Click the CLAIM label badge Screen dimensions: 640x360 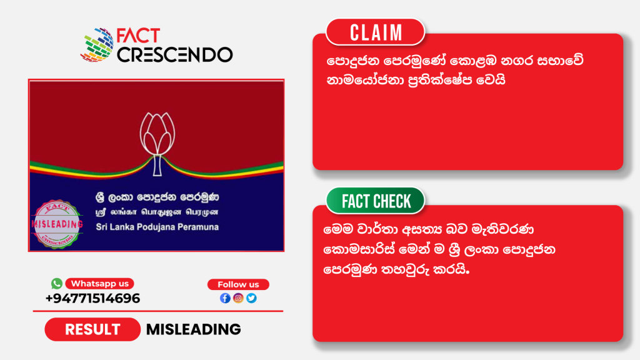[x=375, y=32]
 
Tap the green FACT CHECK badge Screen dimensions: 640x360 [x=376, y=201]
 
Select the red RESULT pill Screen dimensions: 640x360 [x=92, y=329]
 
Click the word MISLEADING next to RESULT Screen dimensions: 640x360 [x=194, y=329]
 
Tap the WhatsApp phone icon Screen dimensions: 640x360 [x=57, y=283]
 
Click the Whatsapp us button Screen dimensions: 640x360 [x=99, y=283]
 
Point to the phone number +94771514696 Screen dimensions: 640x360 [x=92, y=298]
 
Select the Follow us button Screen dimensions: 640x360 [x=238, y=284]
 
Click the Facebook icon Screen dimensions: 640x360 [x=225, y=298]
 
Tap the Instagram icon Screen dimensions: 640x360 [x=238, y=298]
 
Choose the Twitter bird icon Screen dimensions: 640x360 [x=251, y=298]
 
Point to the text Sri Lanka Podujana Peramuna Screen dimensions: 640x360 [x=157, y=227]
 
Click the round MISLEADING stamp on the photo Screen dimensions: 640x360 [x=57, y=224]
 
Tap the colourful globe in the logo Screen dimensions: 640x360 [x=97, y=45]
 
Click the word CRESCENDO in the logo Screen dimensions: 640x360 [x=175, y=55]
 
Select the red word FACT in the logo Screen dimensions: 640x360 [x=138, y=36]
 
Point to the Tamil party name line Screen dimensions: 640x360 [x=157, y=212]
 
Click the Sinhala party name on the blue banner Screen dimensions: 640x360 [x=157, y=197]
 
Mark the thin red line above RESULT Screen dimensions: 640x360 [x=158, y=311]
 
